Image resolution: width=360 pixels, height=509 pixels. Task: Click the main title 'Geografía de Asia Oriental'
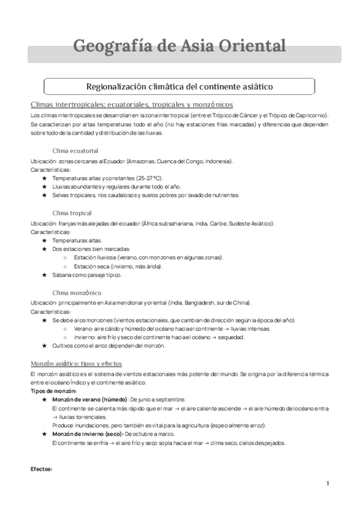(x=179, y=46)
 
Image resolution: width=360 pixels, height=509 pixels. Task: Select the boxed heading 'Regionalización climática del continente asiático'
(x=179, y=86)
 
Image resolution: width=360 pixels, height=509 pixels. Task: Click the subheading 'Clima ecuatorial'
(x=76, y=150)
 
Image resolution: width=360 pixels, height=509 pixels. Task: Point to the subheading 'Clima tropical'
(x=72, y=212)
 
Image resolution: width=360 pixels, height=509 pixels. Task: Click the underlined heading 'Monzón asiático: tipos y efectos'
(x=76, y=364)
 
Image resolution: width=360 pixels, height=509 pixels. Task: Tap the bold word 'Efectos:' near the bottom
(x=41, y=469)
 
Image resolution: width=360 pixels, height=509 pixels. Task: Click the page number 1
(x=328, y=483)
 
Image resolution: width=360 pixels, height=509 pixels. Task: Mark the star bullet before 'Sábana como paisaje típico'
(x=45, y=275)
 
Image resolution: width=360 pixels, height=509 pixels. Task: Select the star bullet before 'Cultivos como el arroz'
(x=45, y=346)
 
